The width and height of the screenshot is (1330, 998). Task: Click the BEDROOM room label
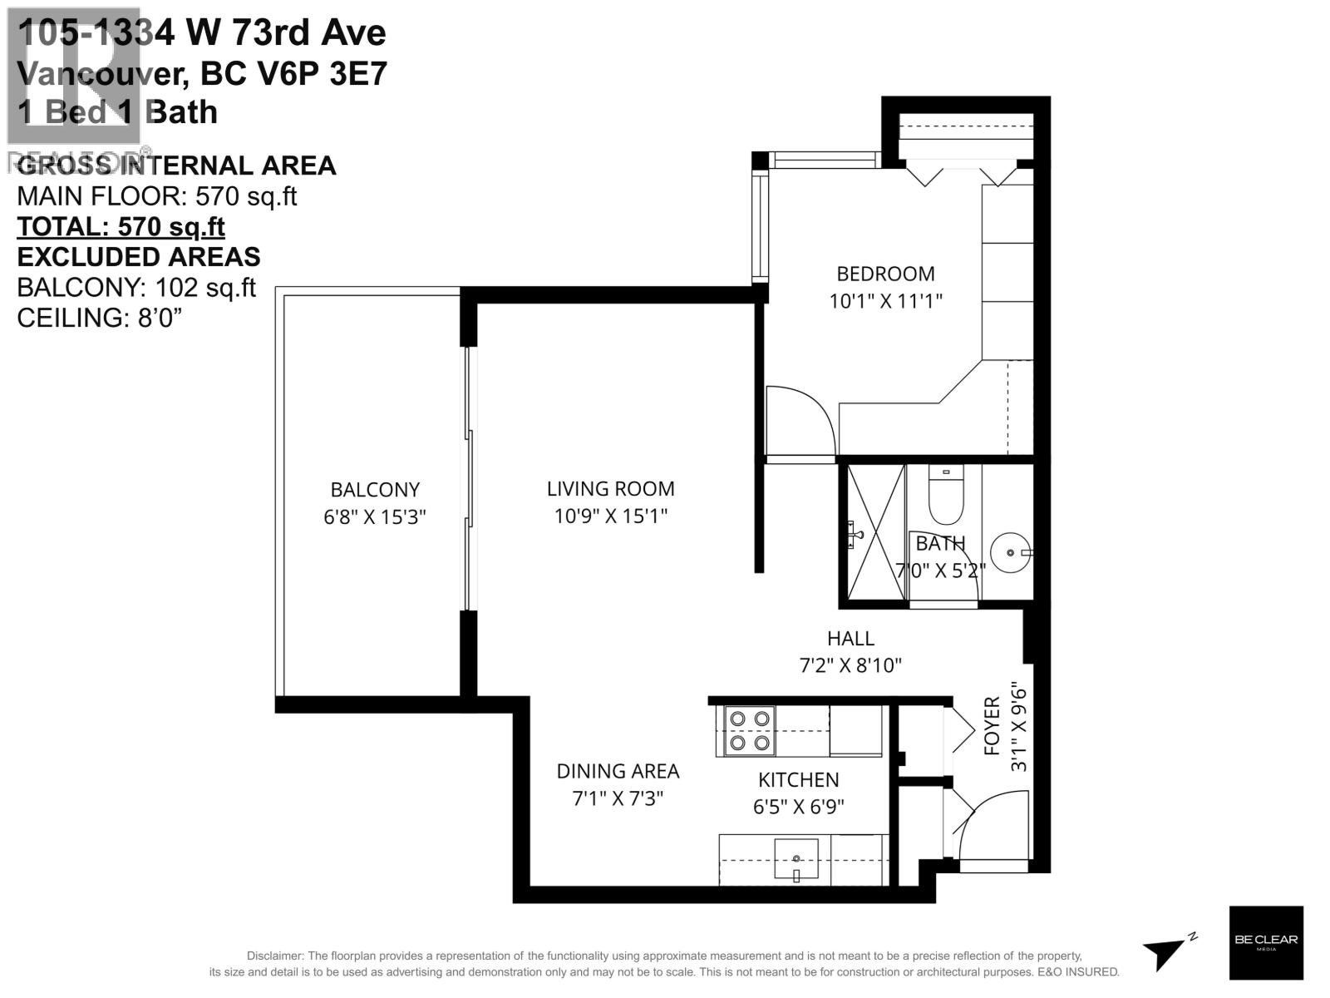tap(884, 274)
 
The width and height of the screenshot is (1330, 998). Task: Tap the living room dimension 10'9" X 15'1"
tap(610, 516)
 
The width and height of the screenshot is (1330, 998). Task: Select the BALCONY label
tap(375, 490)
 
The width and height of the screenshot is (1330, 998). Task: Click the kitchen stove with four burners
tap(750, 730)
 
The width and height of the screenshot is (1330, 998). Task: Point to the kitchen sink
tap(796, 859)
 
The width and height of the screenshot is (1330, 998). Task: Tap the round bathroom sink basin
tap(1010, 552)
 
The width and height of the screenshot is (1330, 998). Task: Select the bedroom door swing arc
tap(800, 420)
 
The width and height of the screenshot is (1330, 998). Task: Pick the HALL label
tap(850, 639)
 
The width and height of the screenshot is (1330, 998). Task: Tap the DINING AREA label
tap(618, 772)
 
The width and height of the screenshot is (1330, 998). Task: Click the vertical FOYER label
tap(993, 727)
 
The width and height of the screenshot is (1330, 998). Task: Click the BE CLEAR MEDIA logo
tap(1265, 941)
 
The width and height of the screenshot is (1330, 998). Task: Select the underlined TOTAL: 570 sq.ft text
tap(121, 226)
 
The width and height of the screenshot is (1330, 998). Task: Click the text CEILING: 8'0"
tap(99, 317)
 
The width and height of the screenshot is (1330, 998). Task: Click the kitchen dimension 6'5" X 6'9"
tap(798, 807)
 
